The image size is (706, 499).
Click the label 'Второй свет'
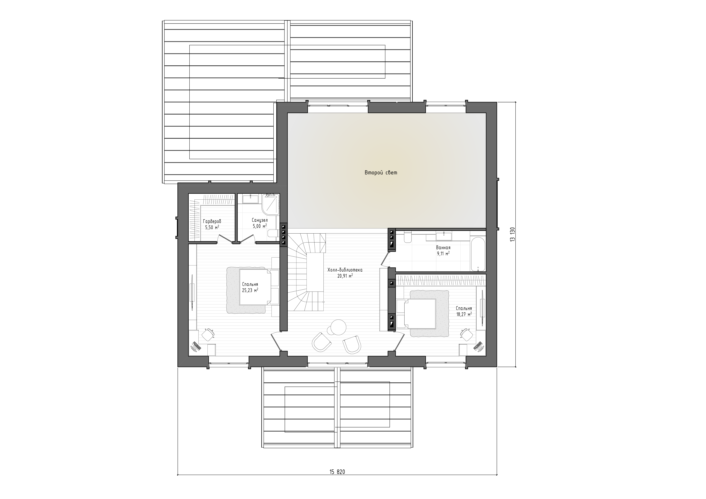(x=381, y=173)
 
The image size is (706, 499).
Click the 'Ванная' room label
(x=443, y=248)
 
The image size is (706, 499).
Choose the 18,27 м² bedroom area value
(x=464, y=314)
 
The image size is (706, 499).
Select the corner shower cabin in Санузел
(x=271, y=204)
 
